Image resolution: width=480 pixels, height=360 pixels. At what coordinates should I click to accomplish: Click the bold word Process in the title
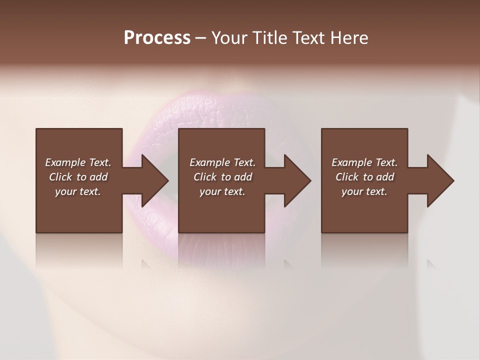[x=157, y=37]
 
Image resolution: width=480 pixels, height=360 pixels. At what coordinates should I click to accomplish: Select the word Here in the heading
[x=349, y=37]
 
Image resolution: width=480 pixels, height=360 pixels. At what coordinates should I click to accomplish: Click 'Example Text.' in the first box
[x=78, y=162]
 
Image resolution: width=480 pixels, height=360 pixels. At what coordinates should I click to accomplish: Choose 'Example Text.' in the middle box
[x=222, y=162]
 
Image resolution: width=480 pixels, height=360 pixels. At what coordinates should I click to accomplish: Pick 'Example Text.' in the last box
[x=364, y=162]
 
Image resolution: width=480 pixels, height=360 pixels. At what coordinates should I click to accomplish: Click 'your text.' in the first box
[x=78, y=191]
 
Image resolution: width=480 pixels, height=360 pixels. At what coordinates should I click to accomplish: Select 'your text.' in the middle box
[x=222, y=191]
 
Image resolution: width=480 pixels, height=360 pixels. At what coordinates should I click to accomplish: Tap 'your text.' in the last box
[x=364, y=191]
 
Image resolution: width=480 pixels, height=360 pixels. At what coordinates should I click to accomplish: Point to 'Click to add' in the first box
[x=78, y=177]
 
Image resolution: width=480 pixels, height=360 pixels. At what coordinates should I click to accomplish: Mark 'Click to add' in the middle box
[x=222, y=177]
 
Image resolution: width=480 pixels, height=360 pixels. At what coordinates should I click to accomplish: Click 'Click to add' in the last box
[x=364, y=177]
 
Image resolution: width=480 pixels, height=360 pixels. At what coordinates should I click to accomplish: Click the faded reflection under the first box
[x=79, y=250]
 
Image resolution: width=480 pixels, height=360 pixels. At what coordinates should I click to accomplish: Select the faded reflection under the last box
[x=364, y=250]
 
